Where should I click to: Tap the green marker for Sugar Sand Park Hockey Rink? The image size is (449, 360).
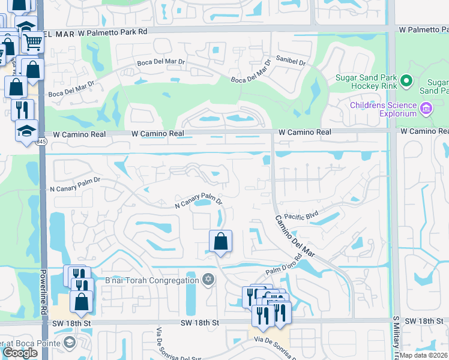[x=407, y=80]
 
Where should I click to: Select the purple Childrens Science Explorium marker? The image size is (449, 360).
[x=426, y=109]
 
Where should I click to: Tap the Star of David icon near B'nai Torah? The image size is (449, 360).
[x=208, y=280]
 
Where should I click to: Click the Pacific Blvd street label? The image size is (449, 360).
[x=301, y=215]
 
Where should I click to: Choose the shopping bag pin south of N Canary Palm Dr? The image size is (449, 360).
[x=221, y=241]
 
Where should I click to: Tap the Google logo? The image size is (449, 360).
[x=20, y=353]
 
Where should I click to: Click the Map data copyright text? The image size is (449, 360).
[x=424, y=355]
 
